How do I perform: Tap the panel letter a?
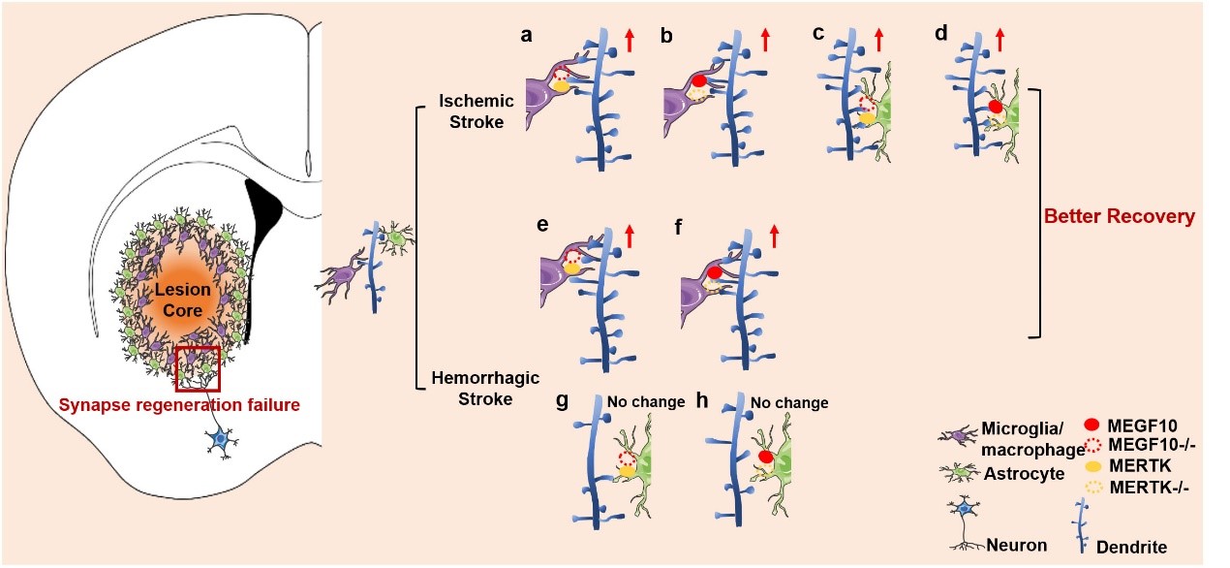pos(526,36)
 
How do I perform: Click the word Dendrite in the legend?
pos(1133,549)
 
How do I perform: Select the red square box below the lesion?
pos(198,366)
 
